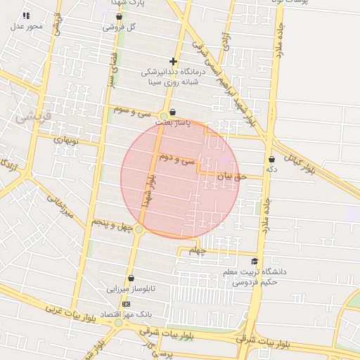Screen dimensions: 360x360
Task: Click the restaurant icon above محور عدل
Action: pyautogui.click(x=27, y=15)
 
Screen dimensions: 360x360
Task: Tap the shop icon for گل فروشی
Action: pyautogui.click(x=119, y=17)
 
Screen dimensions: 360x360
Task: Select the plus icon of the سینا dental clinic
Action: pyautogui.click(x=173, y=62)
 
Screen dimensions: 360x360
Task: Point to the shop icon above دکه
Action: pyautogui.click(x=271, y=160)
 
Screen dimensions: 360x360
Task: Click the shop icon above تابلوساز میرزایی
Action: pyautogui.click(x=131, y=278)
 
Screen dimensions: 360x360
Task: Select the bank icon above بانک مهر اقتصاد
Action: pyautogui.click(x=126, y=304)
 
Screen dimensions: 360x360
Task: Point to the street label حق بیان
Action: pyautogui.click(x=231, y=176)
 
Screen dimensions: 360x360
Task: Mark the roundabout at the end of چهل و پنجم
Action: pyautogui.click(x=139, y=230)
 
